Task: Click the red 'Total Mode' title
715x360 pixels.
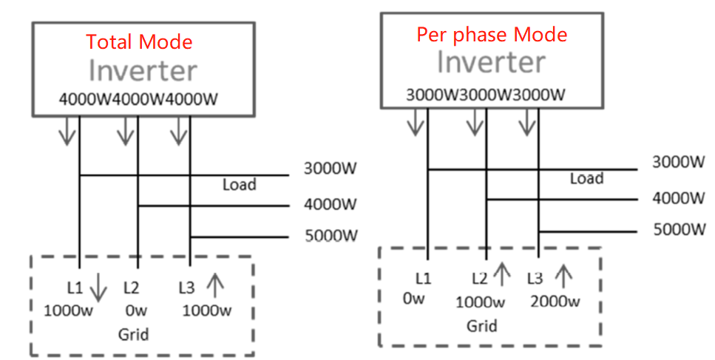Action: point(140,41)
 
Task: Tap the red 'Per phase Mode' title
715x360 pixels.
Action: point(492,34)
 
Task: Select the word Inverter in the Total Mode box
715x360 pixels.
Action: point(143,71)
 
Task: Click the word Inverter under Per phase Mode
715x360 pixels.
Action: point(491,62)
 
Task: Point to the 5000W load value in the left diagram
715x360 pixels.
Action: point(331,237)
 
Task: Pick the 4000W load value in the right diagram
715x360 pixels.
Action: point(679,198)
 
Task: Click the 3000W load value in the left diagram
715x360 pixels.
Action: point(331,169)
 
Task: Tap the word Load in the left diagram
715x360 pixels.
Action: point(239,184)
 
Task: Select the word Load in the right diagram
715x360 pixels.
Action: point(586,178)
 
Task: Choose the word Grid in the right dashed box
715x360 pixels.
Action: point(481,325)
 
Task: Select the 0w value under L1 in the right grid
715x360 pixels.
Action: point(414,299)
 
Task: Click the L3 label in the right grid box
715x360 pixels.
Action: point(535,279)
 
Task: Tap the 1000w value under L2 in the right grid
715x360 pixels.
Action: point(480,302)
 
